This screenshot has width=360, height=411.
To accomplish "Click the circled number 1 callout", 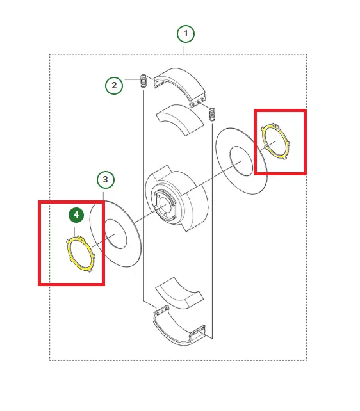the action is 186,34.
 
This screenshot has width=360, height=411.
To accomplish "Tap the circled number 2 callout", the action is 114,85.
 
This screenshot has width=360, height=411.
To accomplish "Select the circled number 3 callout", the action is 106,179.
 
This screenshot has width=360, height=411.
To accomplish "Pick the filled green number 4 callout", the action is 76,215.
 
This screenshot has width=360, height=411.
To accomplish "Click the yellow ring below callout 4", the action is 69,252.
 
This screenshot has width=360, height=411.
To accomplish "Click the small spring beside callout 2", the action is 143,81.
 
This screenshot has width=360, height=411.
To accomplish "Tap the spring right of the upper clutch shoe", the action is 212,114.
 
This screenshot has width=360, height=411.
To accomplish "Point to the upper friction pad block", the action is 180,120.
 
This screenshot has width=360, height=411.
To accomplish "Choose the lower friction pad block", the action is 179,293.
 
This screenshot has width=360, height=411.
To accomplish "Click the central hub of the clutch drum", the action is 164,204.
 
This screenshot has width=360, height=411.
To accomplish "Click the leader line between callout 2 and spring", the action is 132,79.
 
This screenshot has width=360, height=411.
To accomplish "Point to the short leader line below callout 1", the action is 184,50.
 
